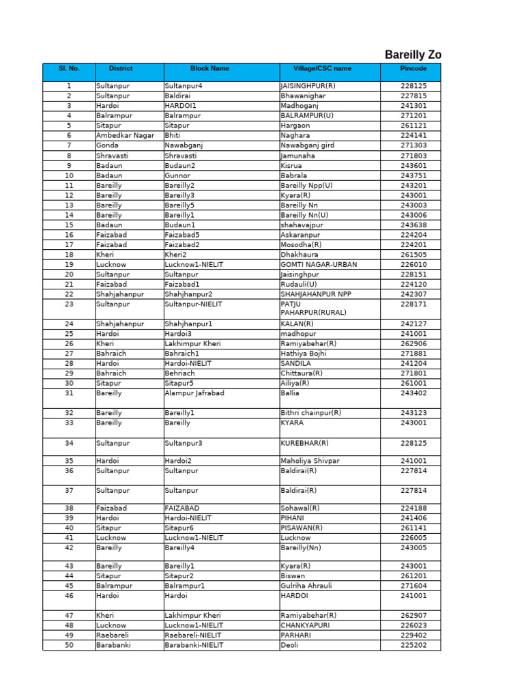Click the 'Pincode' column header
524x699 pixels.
point(413,69)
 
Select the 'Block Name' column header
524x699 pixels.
point(209,69)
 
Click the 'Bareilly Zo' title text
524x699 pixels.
point(413,55)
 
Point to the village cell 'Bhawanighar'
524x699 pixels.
point(303,96)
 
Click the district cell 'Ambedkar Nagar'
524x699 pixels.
point(125,136)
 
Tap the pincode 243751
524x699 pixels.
point(413,175)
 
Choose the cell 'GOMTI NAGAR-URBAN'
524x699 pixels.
point(319,264)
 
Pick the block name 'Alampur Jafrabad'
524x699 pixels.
point(194,393)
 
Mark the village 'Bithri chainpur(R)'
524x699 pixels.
point(311,413)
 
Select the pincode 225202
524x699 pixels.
point(413,645)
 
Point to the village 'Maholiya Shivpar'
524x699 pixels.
point(310,461)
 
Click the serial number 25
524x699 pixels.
point(69,334)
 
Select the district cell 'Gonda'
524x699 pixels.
point(107,145)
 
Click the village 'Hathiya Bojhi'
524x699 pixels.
point(304,354)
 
